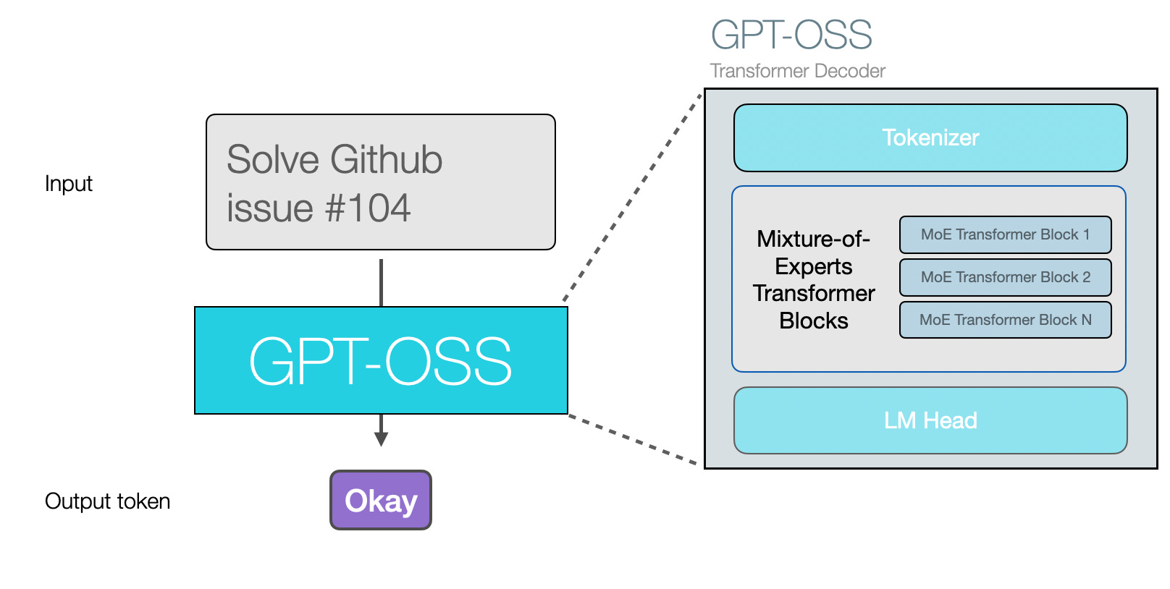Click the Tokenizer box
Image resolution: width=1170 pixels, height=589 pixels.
coord(930,137)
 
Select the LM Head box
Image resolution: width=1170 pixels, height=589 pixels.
coord(930,420)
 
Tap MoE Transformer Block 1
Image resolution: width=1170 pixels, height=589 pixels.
coord(1005,234)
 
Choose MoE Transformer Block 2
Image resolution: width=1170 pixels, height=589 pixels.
coord(1005,277)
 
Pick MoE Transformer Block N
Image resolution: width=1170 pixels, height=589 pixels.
coord(1005,320)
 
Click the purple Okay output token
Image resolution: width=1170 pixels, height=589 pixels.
coord(381,501)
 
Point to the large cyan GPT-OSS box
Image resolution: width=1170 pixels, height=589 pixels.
coord(381,360)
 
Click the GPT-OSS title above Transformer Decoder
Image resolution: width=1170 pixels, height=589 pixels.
coord(791,35)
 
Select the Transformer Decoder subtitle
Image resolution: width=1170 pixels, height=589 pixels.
coord(797,71)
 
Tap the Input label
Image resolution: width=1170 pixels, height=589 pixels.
coord(69,184)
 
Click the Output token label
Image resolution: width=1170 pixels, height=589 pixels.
coord(107,501)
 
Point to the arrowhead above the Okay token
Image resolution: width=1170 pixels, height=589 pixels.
coord(382,438)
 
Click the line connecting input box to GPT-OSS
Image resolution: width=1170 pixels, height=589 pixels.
coord(382,282)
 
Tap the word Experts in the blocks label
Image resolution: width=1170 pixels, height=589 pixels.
coord(813,266)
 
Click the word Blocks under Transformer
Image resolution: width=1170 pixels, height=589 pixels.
coord(813,321)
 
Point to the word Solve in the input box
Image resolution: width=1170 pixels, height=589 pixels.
coord(273,160)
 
